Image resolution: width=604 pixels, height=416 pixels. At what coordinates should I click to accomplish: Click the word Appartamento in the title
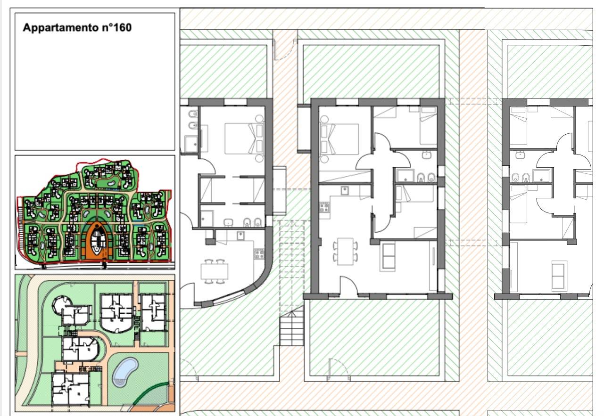click(61, 28)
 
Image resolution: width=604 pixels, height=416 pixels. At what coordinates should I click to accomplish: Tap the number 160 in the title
click(123, 27)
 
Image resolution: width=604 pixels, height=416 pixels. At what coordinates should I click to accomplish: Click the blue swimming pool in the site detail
click(125, 372)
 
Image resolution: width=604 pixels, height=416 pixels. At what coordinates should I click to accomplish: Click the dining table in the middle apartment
click(345, 252)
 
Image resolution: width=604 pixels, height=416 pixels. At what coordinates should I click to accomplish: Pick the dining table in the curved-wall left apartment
click(214, 271)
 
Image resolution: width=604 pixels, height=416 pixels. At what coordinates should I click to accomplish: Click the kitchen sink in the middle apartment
click(344, 191)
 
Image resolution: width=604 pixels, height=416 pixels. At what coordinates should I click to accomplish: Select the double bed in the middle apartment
click(339, 139)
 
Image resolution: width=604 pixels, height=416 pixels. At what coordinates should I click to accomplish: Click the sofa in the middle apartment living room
click(388, 257)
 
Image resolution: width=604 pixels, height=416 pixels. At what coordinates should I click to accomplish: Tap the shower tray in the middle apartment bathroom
click(405, 176)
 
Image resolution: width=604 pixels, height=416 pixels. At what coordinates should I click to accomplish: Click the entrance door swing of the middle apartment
click(348, 285)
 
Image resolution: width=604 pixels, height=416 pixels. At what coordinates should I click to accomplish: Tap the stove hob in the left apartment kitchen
click(259, 254)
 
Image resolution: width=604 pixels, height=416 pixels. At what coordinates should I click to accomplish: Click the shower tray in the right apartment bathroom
click(541, 176)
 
